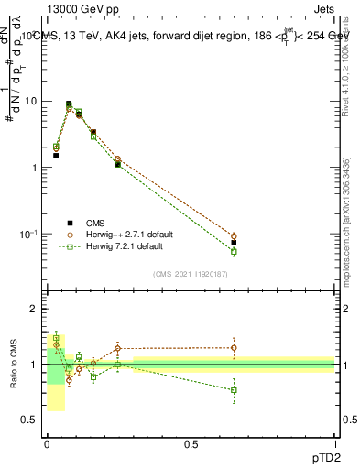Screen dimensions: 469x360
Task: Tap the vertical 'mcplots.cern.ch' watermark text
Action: pyautogui.click(x=345, y=234)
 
